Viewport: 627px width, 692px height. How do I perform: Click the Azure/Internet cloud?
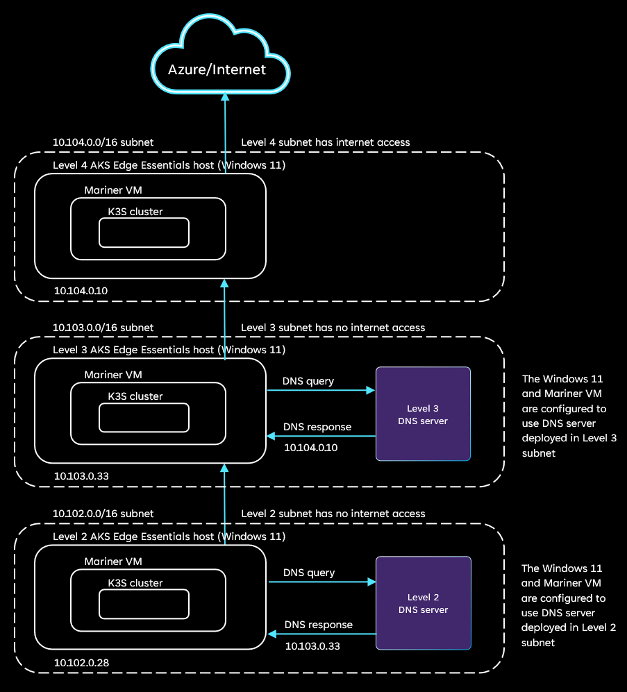(217, 69)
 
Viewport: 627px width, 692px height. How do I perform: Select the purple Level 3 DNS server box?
(423, 414)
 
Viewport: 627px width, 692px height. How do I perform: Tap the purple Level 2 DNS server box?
(423, 603)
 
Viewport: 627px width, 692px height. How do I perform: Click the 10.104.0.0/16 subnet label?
(103, 142)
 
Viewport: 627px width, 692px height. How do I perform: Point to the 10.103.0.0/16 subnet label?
(103, 327)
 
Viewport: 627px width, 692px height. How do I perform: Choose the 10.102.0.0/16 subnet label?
(103, 514)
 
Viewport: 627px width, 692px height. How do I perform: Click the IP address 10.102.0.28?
(81, 663)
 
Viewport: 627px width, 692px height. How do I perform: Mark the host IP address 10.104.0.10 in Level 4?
(81, 290)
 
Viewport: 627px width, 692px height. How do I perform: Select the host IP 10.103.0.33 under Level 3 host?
(81, 476)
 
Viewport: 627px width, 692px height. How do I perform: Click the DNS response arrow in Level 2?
(322, 634)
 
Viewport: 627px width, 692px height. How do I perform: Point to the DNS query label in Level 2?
(309, 573)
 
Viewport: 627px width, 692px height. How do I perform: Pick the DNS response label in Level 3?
(317, 427)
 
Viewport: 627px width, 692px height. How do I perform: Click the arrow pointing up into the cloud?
(224, 125)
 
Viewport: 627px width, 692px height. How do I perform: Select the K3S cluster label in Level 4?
(135, 212)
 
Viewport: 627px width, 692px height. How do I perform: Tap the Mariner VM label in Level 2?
(113, 561)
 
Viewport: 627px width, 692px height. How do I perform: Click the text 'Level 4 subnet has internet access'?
(325, 142)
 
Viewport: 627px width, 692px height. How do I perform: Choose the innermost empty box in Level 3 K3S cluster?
(144, 417)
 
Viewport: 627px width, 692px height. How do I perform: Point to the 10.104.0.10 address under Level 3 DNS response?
(310, 448)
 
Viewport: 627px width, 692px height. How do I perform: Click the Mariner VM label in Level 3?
(113, 375)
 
